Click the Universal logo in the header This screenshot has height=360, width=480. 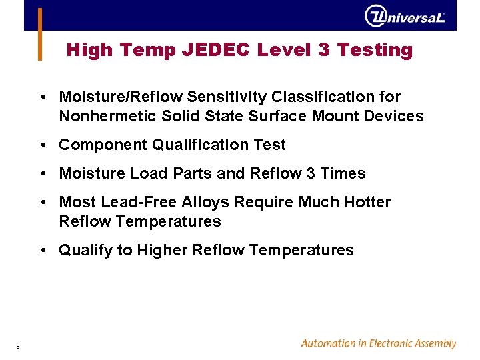(405, 15)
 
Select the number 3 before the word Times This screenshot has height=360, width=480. (311, 173)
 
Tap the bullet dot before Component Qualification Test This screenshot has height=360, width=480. (42, 145)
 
